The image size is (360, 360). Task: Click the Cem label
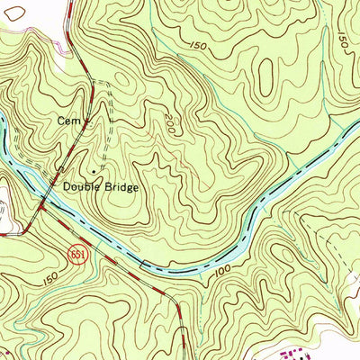pyautogui.click(x=67, y=119)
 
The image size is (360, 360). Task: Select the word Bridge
pyautogui.click(x=120, y=187)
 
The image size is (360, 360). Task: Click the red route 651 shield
pyautogui.click(x=78, y=247)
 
